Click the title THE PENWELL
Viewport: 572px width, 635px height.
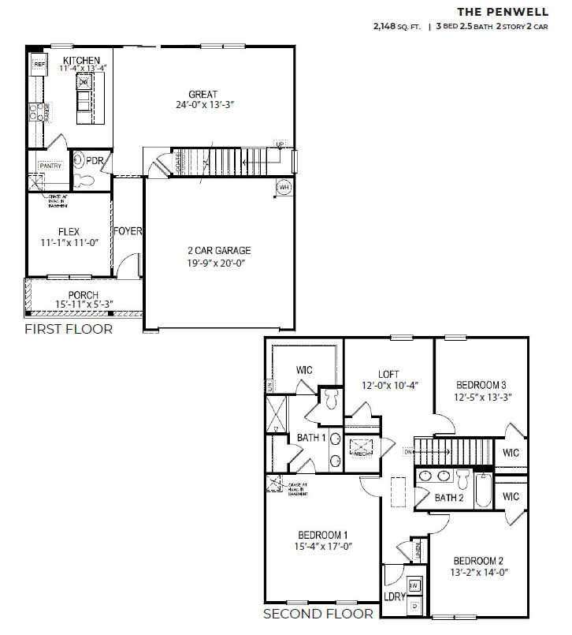coord(503,11)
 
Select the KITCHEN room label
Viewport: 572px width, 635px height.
coord(82,60)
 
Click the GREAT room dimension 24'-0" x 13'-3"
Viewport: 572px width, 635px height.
coord(205,104)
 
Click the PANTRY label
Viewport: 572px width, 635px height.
coord(50,166)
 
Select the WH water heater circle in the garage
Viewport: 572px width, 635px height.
coord(284,188)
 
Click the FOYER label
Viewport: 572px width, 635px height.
coord(128,231)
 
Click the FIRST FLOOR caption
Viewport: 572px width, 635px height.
coord(69,329)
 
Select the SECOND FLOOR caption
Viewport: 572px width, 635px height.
coord(318,614)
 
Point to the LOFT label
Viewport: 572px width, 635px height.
coord(388,374)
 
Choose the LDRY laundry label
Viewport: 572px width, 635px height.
coord(394,597)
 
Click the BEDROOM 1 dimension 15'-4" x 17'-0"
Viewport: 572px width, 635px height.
coord(322,545)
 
